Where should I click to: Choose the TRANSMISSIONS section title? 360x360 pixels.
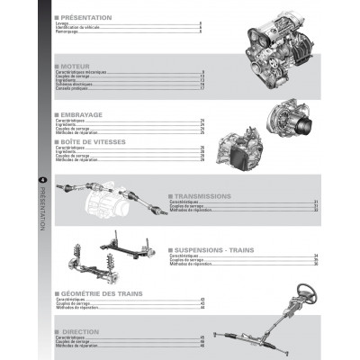point(203,195)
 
